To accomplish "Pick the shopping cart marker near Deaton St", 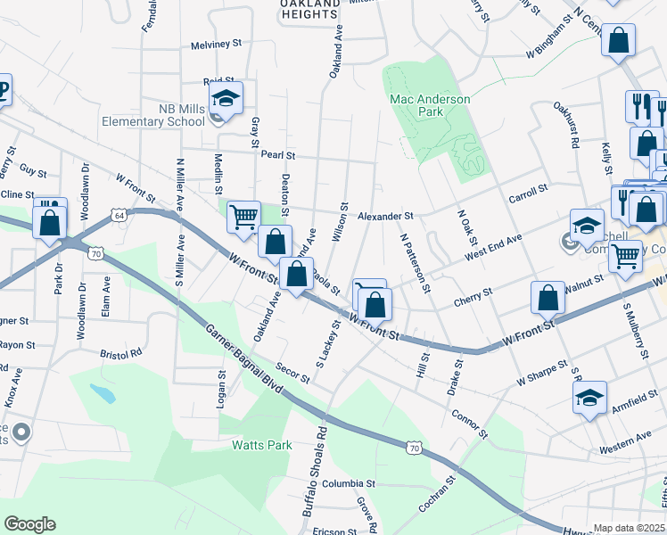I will click(x=243, y=217).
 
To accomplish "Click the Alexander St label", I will click(x=385, y=217).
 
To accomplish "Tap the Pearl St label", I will click(x=277, y=154).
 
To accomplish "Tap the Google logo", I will click(x=29, y=523).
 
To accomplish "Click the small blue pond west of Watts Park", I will click(x=102, y=391).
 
